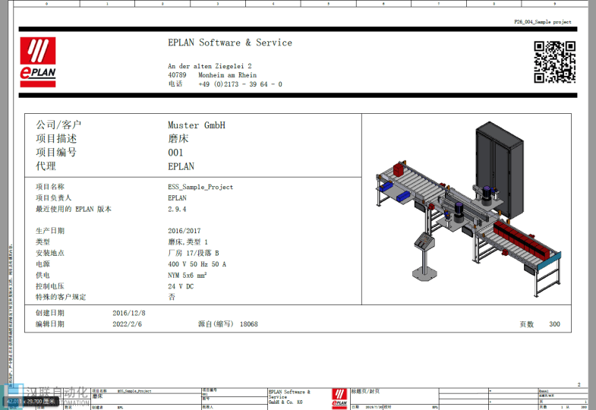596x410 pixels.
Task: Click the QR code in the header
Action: pyautogui.click(x=553, y=61)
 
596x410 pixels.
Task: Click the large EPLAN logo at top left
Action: pyautogui.click(x=38, y=61)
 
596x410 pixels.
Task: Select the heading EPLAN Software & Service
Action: pyautogui.click(x=229, y=43)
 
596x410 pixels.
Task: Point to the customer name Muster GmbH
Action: pyautogui.click(x=196, y=125)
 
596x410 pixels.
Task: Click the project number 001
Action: pyautogui.click(x=175, y=153)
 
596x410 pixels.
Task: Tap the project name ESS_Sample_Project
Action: pyautogui.click(x=200, y=187)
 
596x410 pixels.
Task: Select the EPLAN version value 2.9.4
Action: pyautogui.click(x=177, y=209)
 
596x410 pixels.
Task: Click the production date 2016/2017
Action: pyautogui.click(x=184, y=231)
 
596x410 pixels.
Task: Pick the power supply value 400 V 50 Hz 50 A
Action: pyautogui.click(x=197, y=264)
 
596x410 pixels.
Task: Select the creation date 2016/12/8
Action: pyautogui.click(x=128, y=313)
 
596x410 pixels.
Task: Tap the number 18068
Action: pyautogui.click(x=248, y=324)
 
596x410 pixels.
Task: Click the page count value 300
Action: pyautogui.click(x=554, y=324)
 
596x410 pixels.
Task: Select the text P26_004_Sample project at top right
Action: pyautogui.click(x=542, y=22)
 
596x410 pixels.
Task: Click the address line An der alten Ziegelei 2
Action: pyautogui.click(x=210, y=66)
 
